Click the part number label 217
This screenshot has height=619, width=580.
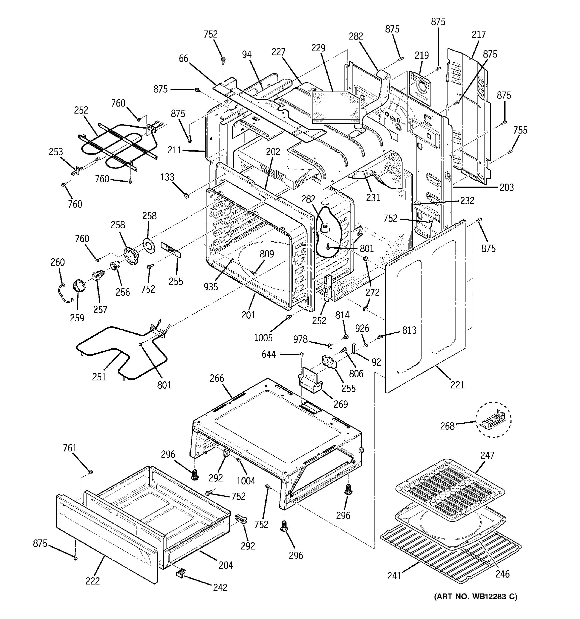coord(478,35)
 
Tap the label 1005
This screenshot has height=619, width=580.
coord(263,338)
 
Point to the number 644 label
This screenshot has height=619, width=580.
coord(269,354)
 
